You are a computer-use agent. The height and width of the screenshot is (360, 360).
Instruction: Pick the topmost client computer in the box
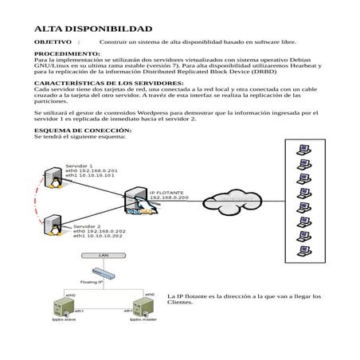click(x=303, y=150)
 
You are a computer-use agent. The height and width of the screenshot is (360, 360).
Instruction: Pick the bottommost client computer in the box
click(x=303, y=252)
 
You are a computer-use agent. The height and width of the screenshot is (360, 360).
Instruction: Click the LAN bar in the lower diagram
click(x=103, y=256)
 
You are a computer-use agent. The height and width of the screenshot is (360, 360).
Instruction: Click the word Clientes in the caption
click(x=181, y=303)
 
